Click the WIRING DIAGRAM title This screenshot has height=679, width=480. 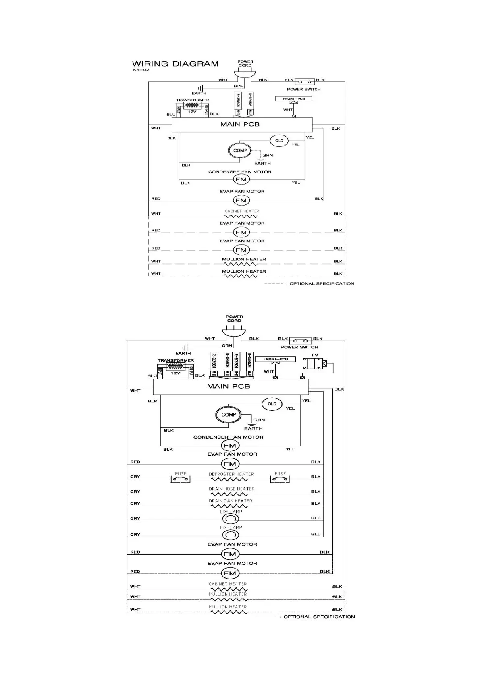[x=175, y=64]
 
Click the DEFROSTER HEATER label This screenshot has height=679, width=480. [x=231, y=474]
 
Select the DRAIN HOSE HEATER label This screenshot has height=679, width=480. [x=231, y=489]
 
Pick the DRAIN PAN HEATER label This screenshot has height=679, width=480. [x=231, y=501]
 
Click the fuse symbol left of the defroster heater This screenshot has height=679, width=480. [x=181, y=479]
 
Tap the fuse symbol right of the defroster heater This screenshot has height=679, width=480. [x=280, y=479]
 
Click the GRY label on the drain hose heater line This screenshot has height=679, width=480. [x=135, y=492]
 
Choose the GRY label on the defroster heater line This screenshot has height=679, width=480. [x=135, y=477]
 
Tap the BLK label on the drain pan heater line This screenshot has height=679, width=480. [x=316, y=503]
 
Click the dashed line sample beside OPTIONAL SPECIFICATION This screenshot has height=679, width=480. [x=274, y=284]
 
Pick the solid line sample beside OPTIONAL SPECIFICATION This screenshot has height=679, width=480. [x=266, y=617]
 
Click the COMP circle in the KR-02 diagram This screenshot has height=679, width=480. [x=240, y=150]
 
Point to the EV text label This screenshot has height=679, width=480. [x=315, y=355]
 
